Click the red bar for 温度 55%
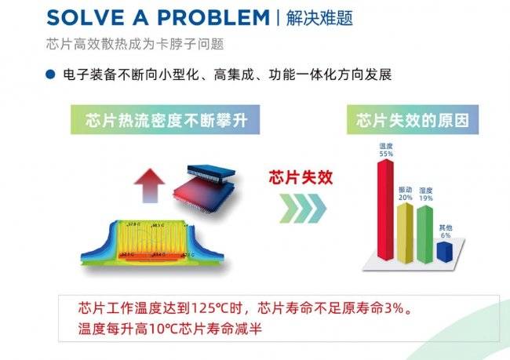point(386,208)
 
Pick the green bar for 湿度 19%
point(425,233)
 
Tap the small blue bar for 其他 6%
point(445,251)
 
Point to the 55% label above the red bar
point(385,154)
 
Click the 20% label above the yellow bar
point(406,198)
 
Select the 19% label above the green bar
point(426,198)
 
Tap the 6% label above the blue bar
point(446,235)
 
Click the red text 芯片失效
point(301,176)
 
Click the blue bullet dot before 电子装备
point(49,75)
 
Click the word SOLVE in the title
point(78,16)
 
